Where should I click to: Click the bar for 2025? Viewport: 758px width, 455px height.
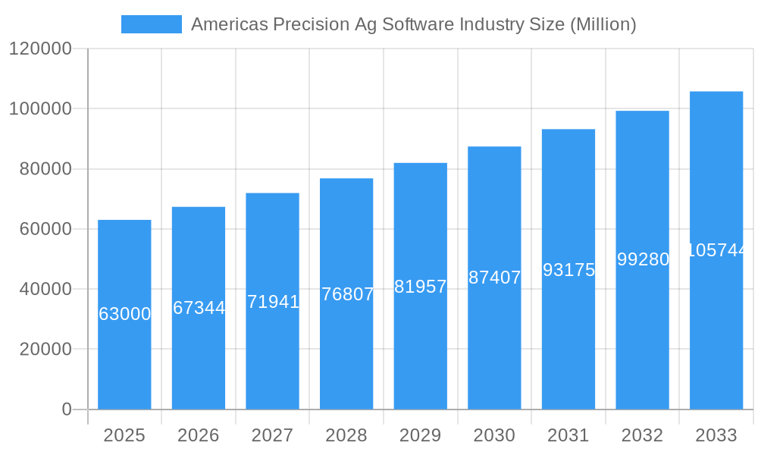tap(124, 356)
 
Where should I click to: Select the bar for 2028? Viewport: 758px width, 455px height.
tap(346, 349)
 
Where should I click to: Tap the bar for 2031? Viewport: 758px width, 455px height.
tap(568, 341)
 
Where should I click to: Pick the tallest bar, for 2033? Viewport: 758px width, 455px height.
tap(716, 334)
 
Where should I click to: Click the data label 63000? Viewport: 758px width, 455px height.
tap(125, 314)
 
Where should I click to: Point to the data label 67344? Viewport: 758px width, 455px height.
tap(199, 308)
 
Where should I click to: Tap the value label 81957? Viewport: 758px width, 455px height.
tap(421, 287)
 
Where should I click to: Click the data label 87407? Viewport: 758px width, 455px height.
tap(495, 278)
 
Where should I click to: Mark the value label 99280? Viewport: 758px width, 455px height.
tap(643, 259)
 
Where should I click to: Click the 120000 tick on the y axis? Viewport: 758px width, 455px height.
tap(40, 49)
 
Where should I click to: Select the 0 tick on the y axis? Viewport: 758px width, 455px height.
tap(67, 409)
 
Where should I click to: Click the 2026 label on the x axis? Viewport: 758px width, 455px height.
tap(199, 435)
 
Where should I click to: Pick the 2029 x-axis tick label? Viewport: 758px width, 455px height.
tap(421, 435)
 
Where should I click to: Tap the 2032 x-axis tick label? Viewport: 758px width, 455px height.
tap(642, 435)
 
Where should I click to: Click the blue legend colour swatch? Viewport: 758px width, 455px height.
tap(152, 24)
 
